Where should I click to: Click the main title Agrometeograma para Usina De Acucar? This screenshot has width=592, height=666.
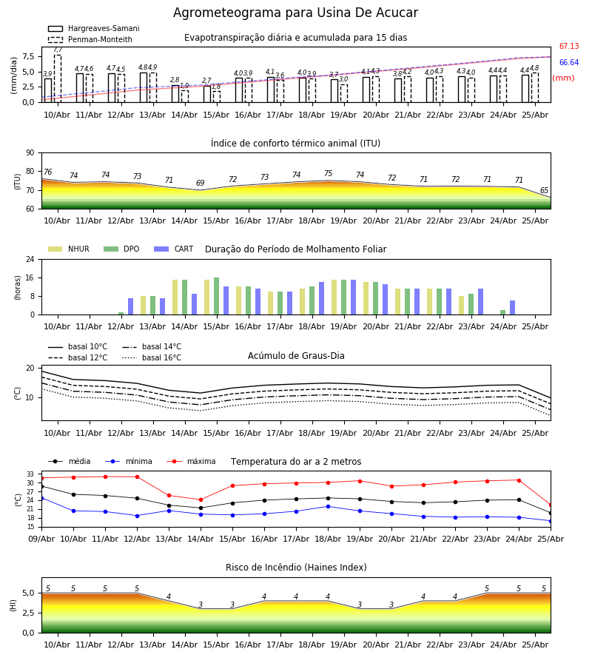(x=295, y=13)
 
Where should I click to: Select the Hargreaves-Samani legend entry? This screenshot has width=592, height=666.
(x=94, y=28)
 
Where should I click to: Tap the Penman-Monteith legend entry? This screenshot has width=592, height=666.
(x=90, y=39)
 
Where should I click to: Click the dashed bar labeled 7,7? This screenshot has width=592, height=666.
(x=58, y=78)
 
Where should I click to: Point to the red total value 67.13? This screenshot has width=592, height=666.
(x=569, y=46)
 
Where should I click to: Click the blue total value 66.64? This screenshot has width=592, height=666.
(x=569, y=62)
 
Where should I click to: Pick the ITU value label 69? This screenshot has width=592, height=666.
(x=200, y=183)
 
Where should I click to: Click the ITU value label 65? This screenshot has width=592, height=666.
(x=544, y=191)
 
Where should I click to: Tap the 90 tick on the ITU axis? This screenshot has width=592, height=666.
(x=30, y=153)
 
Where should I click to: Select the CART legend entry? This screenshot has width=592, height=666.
(x=174, y=249)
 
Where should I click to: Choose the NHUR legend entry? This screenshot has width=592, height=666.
(x=69, y=249)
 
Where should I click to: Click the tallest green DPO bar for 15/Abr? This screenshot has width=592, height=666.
(x=217, y=296)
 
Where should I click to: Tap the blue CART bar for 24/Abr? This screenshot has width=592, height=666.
(x=513, y=308)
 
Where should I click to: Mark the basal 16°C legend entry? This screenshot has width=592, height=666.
(x=152, y=357)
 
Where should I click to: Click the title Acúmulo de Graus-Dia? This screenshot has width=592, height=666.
(x=296, y=356)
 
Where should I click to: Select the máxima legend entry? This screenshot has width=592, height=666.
(x=191, y=461)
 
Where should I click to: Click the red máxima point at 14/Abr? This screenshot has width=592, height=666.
(x=201, y=499)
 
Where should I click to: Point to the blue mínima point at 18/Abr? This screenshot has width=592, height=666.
(x=328, y=506)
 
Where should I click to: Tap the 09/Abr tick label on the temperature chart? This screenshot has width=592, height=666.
(x=41, y=539)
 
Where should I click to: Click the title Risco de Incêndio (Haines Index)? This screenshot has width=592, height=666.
(x=296, y=568)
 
